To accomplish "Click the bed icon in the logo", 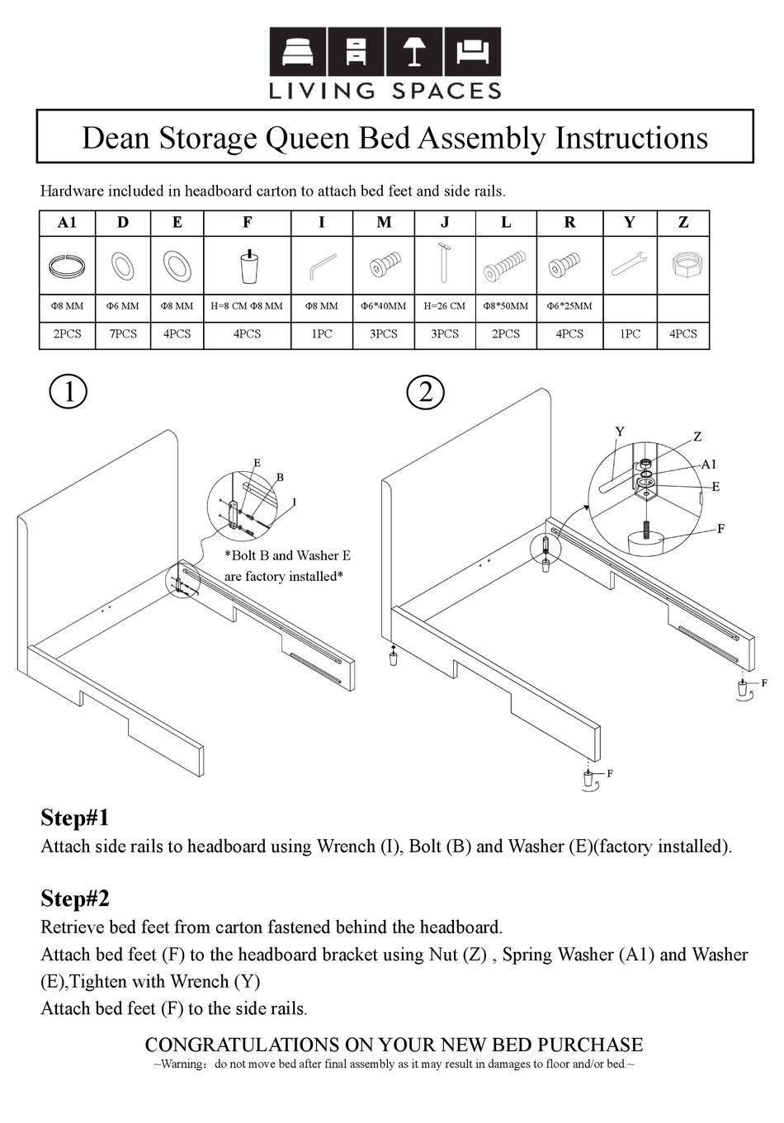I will click(298, 52).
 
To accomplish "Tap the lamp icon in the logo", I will click(414, 51).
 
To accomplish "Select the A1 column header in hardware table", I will click(68, 223).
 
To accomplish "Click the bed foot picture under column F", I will click(248, 265).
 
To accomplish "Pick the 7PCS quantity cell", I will click(123, 334).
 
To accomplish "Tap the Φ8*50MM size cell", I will click(506, 306).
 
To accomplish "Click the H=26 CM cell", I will click(445, 306).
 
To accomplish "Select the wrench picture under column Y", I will click(630, 265).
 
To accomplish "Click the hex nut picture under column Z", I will click(683, 266).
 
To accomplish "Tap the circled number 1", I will click(68, 391).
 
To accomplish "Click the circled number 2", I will click(426, 391).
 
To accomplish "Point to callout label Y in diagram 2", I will click(620, 432).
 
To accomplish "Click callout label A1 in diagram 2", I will click(709, 465).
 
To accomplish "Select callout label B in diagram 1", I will click(280, 477).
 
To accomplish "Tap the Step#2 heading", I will click(75, 898).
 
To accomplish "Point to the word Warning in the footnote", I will click(182, 1064).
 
